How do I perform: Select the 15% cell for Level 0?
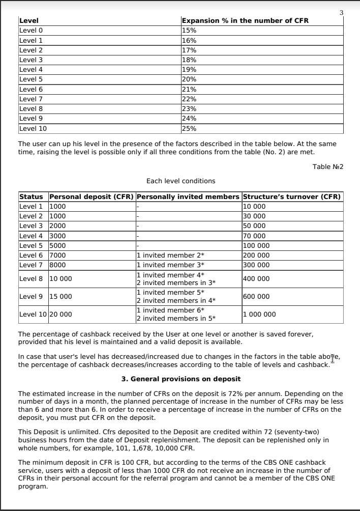[189, 31]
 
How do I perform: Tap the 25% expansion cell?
[189, 128]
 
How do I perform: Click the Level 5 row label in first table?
[31, 79]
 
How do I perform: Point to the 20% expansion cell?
[189, 79]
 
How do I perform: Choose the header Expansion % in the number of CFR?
[245, 21]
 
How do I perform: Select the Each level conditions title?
[181, 181]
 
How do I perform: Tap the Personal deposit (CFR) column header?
[92, 197]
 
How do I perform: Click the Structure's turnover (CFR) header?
[292, 197]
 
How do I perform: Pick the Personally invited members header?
[188, 197]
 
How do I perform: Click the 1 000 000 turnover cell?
[260, 314]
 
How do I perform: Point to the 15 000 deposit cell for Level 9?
[61, 296]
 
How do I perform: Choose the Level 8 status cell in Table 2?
[31, 278]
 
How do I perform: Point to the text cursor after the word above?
[333, 358]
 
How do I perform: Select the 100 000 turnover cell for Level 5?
[256, 245]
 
